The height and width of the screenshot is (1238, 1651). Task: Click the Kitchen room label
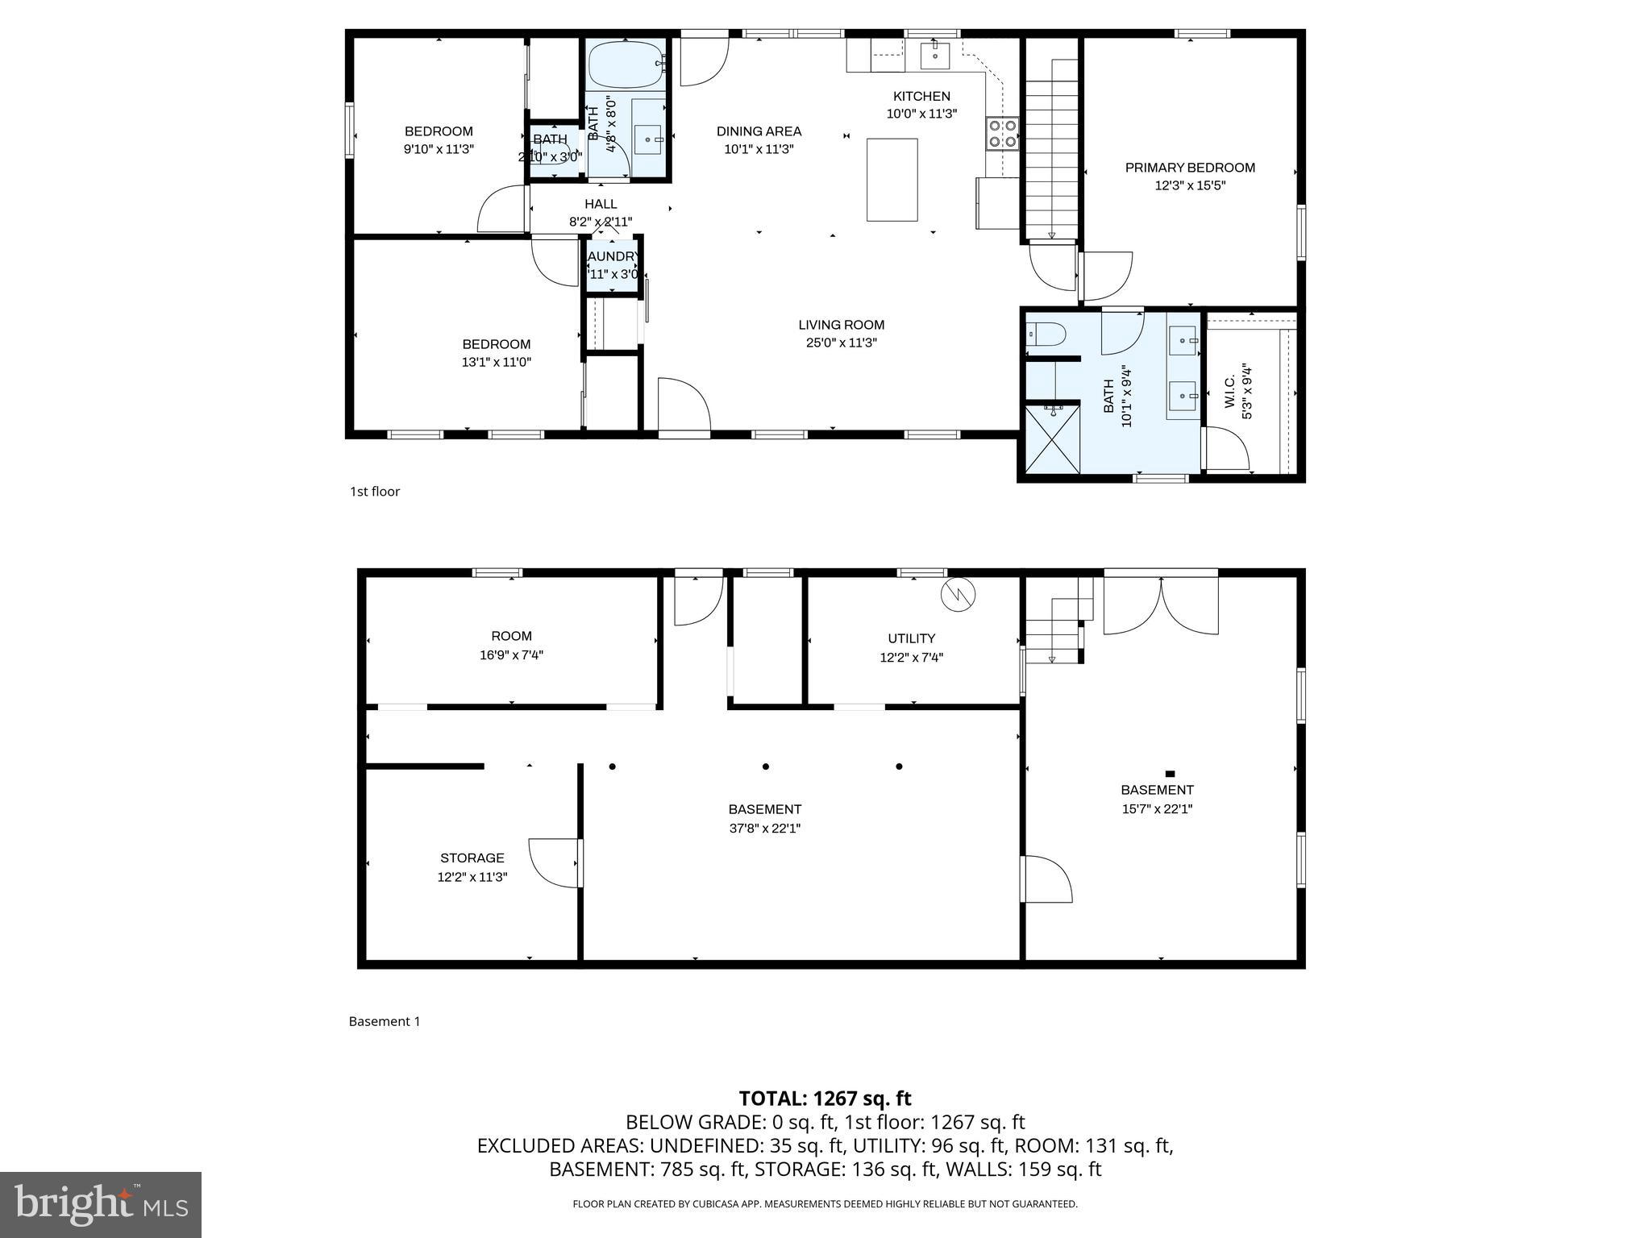[921, 96]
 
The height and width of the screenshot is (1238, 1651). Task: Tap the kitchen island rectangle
[892, 179]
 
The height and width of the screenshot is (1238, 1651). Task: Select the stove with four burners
[1001, 133]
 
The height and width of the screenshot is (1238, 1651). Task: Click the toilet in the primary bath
[1046, 333]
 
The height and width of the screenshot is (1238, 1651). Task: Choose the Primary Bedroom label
[1190, 168]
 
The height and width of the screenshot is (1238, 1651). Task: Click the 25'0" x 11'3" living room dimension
[841, 343]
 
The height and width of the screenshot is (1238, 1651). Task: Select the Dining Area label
[759, 131]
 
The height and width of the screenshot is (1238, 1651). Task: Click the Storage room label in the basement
[472, 858]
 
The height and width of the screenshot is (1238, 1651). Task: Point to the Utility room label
[911, 638]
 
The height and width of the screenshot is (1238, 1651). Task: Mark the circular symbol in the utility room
[958, 595]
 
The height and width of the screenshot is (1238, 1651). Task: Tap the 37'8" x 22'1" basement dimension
[764, 828]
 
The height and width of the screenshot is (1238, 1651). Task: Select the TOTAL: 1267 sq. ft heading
[825, 1098]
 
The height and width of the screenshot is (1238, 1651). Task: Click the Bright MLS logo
[101, 1204]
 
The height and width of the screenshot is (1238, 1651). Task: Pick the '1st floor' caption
[374, 491]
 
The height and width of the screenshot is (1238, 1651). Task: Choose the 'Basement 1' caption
[384, 1021]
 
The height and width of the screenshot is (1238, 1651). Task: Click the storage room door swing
[553, 862]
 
